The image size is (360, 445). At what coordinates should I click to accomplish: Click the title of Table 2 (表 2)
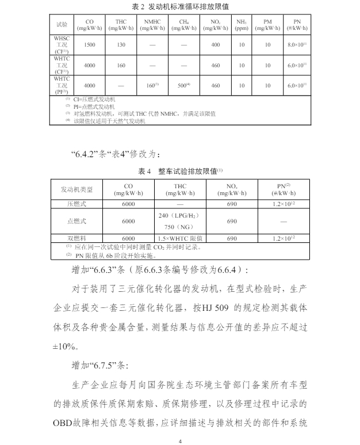180,7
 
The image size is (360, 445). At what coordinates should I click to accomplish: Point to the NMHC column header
152,24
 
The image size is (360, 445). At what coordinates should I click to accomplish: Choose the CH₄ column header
183,24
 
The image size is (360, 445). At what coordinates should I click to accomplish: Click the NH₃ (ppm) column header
242,24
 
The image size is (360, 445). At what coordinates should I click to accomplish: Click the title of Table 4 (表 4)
180,171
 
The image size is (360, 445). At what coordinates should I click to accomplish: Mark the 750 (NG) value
177,227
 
